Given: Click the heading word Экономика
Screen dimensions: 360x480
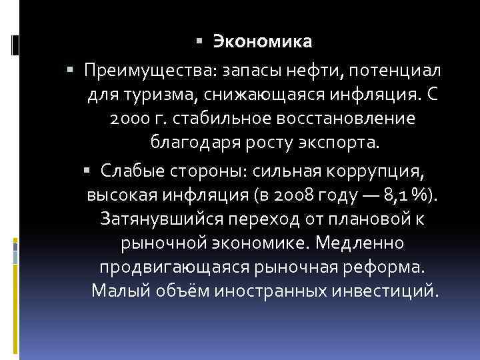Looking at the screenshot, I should (x=263, y=42).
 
